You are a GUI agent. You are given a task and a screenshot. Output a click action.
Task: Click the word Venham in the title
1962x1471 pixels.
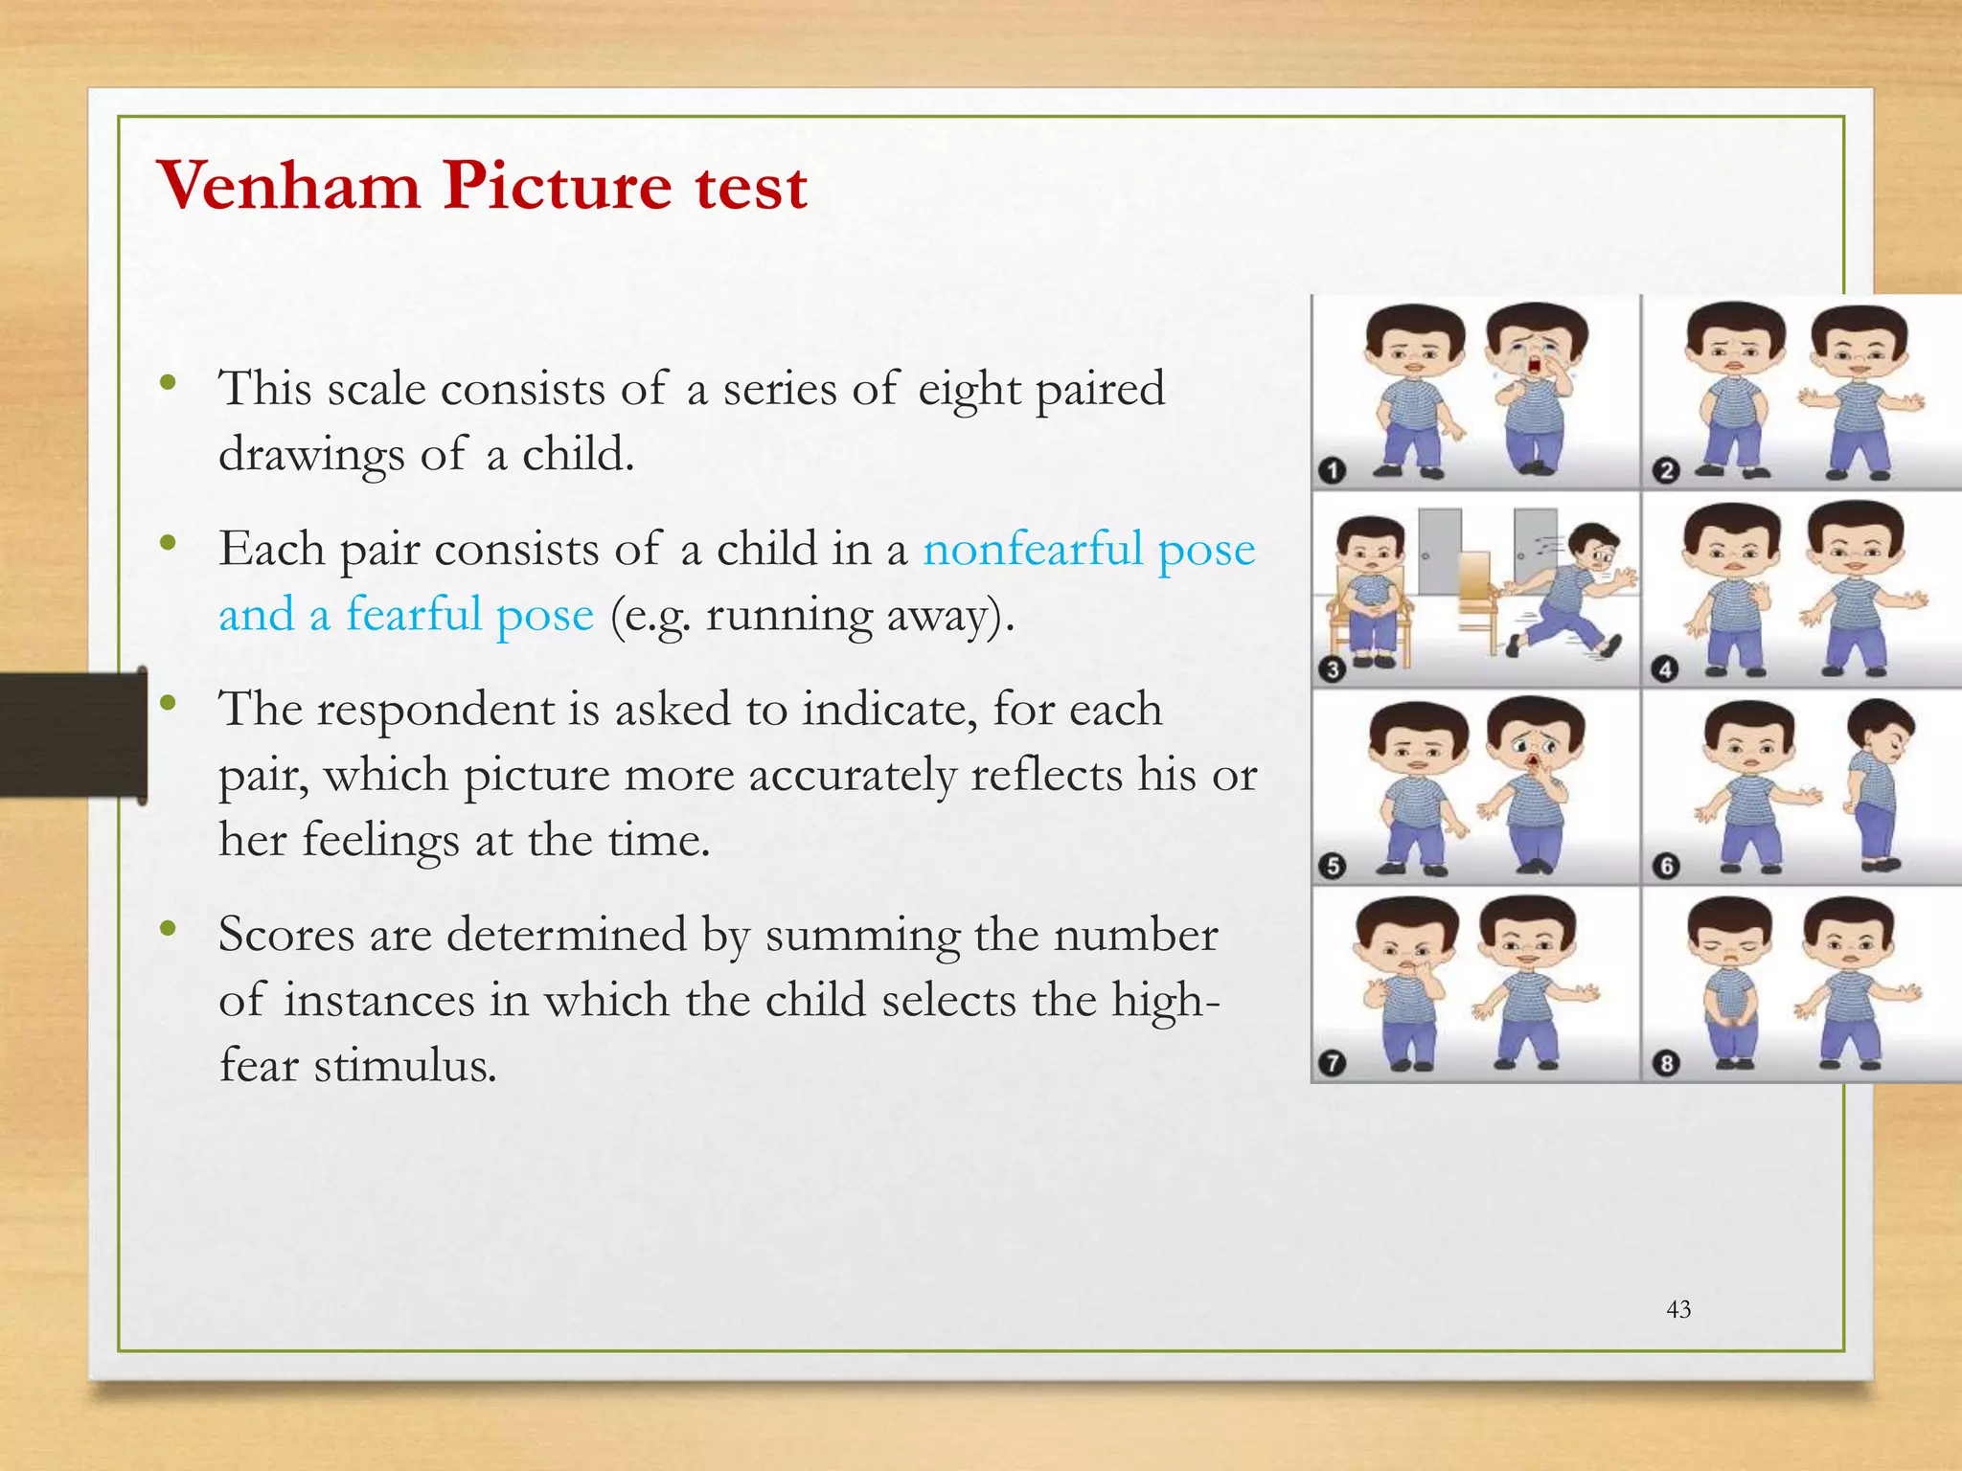click(288, 185)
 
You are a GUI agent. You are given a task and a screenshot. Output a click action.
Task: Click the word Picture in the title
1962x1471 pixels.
click(556, 185)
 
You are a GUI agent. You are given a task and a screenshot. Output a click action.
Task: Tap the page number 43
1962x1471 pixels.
click(1678, 1309)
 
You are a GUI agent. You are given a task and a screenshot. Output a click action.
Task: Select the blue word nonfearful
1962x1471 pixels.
click(1033, 550)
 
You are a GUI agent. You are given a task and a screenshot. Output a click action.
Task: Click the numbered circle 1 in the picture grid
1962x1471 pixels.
click(1332, 470)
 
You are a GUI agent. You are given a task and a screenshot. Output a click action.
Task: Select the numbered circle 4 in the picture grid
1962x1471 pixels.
click(1665, 668)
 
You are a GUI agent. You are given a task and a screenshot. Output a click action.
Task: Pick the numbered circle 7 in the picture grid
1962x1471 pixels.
click(1332, 1063)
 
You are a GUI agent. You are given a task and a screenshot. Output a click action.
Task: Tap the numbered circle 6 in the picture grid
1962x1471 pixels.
click(1666, 866)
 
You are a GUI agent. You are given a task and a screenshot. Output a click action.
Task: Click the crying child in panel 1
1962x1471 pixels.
click(1536, 388)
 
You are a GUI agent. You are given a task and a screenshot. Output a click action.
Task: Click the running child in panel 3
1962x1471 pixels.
click(1571, 589)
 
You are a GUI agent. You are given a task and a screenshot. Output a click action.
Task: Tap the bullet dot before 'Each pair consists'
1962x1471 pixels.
click(169, 544)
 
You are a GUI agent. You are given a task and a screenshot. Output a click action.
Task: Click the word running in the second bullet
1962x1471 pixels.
click(788, 615)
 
